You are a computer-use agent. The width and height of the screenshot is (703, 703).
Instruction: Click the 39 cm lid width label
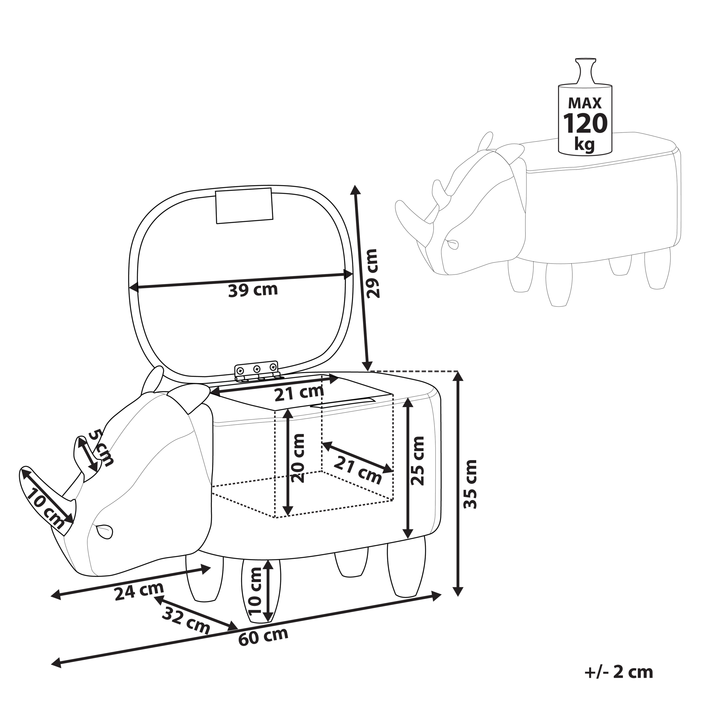point(253,290)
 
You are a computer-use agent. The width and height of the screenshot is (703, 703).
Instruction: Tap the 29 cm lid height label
point(372,274)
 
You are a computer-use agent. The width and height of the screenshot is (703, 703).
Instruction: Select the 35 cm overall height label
point(470,484)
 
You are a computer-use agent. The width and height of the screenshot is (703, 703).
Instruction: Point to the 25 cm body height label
point(418,461)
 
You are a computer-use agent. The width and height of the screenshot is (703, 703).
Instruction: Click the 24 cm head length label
point(139,591)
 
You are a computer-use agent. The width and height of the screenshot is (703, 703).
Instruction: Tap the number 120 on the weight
point(585,124)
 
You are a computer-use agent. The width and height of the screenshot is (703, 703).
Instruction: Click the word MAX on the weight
point(585,103)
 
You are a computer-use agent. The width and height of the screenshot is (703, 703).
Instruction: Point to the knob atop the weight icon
point(585,69)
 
